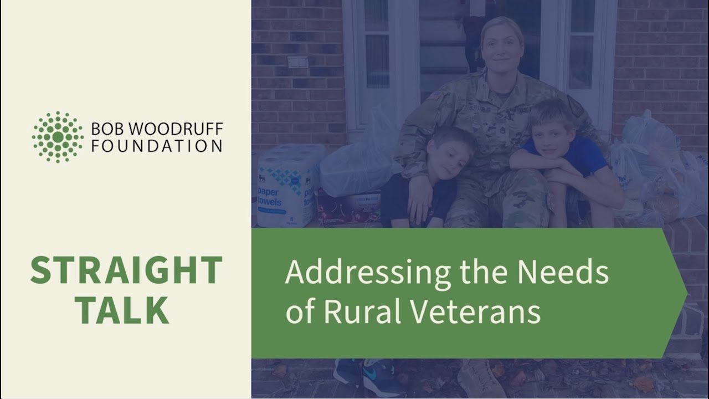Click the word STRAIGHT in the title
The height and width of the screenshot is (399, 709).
tap(126, 270)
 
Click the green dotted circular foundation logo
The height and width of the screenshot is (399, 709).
tap(58, 137)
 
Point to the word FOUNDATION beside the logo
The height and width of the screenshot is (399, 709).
tap(157, 146)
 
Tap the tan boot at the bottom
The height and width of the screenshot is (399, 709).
tap(480, 379)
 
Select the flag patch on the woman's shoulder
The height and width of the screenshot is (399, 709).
tap(436, 95)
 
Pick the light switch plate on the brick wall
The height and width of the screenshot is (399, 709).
tap(297, 62)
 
